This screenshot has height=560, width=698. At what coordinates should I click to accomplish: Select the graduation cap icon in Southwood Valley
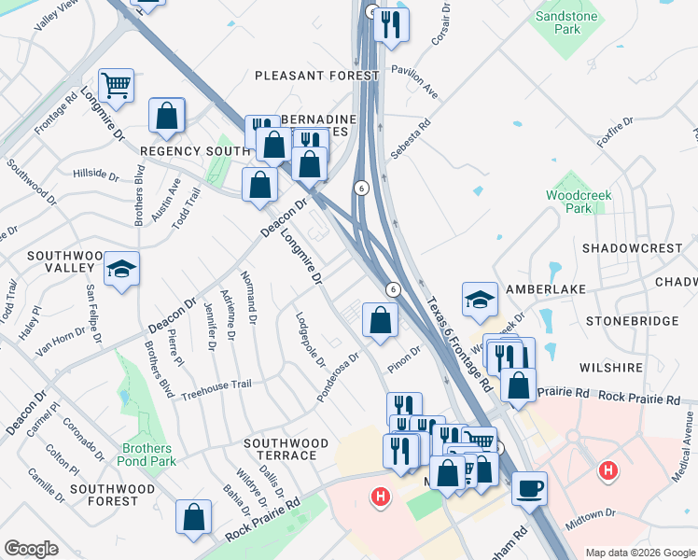pos(120,270)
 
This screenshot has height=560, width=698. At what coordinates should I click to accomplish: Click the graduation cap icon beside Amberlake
pos(479,299)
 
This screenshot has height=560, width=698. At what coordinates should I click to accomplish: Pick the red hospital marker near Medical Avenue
pos(608,471)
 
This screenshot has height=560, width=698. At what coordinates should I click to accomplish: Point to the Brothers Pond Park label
pos(147,455)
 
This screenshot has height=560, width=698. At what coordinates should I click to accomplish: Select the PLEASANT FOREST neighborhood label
pos(316,75)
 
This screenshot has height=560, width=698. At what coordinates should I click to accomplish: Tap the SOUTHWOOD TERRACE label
pos(286,449)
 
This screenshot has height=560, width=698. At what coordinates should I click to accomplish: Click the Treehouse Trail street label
pos(216,385)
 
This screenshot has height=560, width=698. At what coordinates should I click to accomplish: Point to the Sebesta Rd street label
pos(411,137)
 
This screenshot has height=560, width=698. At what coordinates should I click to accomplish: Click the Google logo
pos(31,549)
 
